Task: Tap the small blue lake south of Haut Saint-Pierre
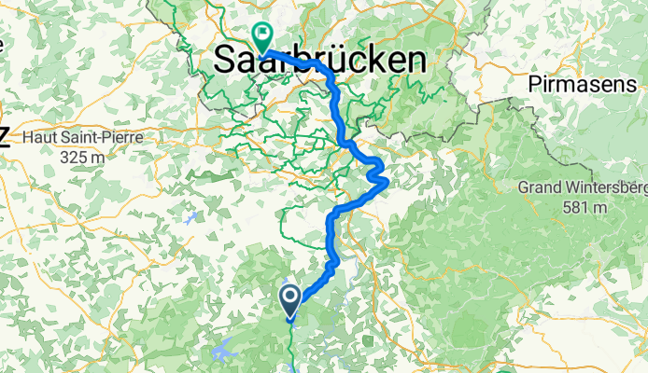coord(191,218)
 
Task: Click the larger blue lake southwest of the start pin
coord(224,352)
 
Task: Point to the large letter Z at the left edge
coord(4,139)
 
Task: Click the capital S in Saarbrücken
coord(224,61)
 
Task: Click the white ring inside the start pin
coord(289,297)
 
